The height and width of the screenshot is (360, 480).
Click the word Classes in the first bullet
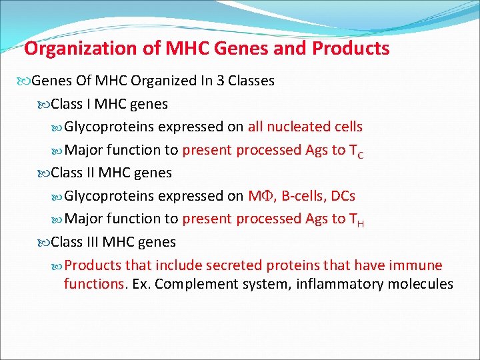[x=251, y=81]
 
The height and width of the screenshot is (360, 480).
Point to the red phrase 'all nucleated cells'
[x=305, y=127]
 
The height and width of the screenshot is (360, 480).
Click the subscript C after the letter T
[x=361, y=155]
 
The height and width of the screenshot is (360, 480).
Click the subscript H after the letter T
[x=361, y=223]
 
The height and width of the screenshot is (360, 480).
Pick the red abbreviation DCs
[x=344, y=196]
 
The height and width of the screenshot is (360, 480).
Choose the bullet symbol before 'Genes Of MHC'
[x=25, y=81]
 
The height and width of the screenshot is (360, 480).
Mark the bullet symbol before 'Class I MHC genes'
[x=44, y=105]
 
